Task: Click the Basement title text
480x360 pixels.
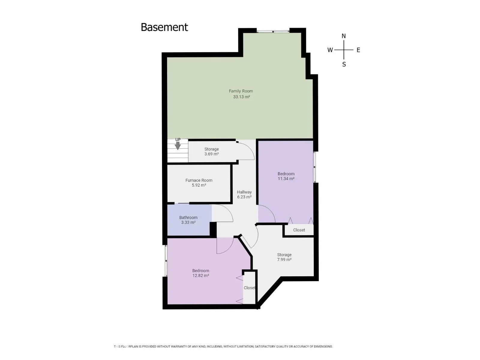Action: (x=164, y=27)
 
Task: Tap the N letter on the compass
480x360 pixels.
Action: (x=344, y=36)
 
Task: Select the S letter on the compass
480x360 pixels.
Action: (x=344, y=64)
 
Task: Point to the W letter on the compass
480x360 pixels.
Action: (x=330, y=50)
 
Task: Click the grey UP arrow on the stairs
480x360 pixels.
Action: (x=178, y=146)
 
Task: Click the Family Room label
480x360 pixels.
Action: (x=241, y=91)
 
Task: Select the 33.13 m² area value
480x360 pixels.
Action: (x=241, y=97)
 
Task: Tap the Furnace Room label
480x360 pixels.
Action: (x=199, y=180)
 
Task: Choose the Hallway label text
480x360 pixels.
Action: (x=244, y=192)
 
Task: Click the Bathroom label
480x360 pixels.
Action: (x=188, y=217)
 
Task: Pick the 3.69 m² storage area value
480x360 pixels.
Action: (x=211, y=154)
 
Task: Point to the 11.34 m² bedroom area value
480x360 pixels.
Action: (x=286, y=178)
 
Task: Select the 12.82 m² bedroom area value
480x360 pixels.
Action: (x=200, y=275)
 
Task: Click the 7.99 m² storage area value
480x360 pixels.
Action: (x=284, y=259)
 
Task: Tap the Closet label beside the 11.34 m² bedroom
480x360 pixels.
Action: (x=299, y=230)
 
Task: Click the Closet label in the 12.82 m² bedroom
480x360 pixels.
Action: (x=249, y=288)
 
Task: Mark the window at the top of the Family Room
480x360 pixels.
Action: (x=273, y=31)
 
